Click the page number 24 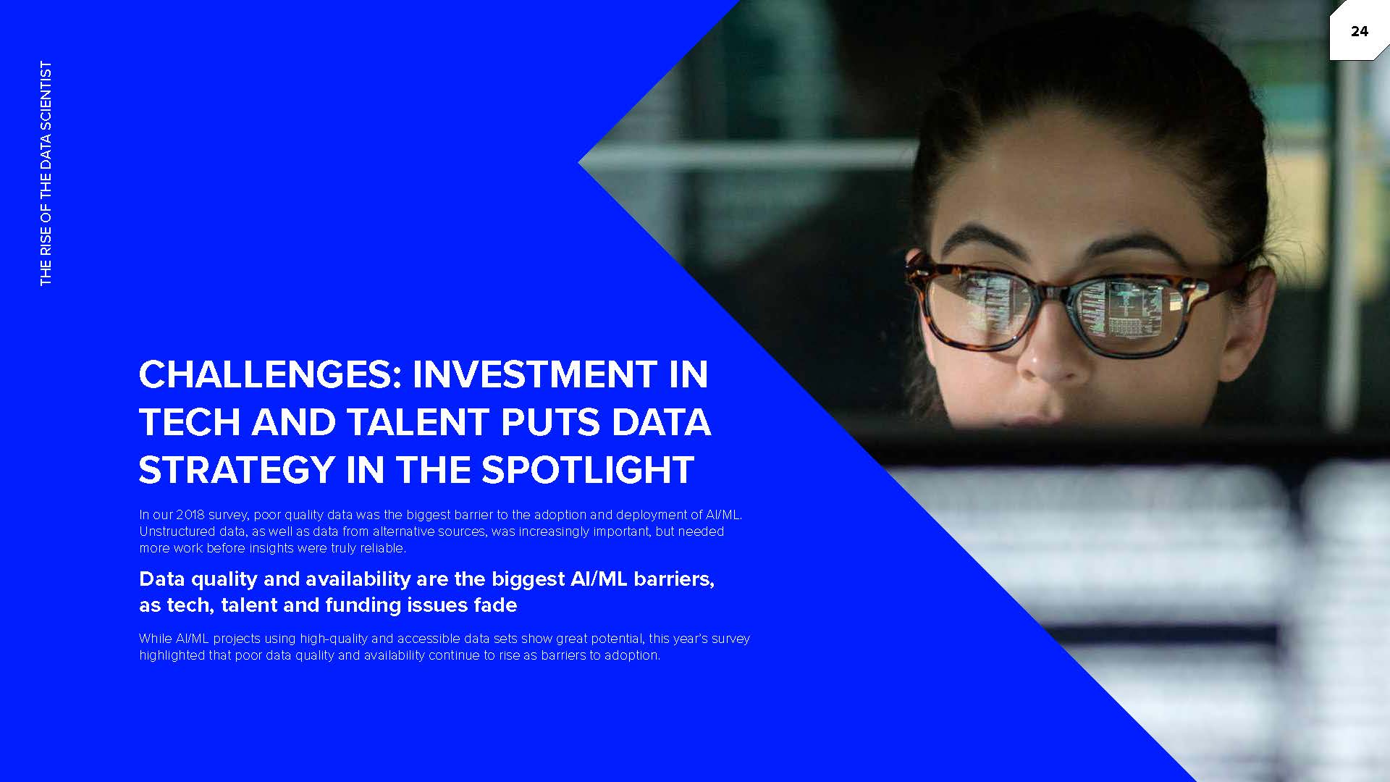tap(1359, 31)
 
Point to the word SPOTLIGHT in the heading tap(588, 470)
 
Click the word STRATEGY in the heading tap(236, 470)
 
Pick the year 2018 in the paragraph tap(190, 515)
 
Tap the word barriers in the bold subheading tap(673, 579)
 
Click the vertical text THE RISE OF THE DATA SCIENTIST tap(46, 173)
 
